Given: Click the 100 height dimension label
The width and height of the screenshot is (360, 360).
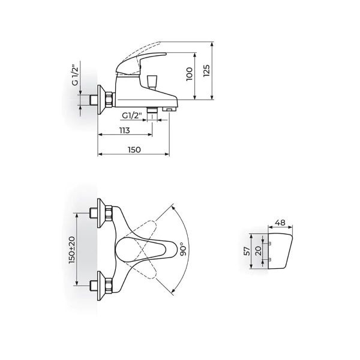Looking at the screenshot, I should pos(190,74).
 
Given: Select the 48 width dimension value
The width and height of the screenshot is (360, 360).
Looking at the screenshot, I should pos(281,223).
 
